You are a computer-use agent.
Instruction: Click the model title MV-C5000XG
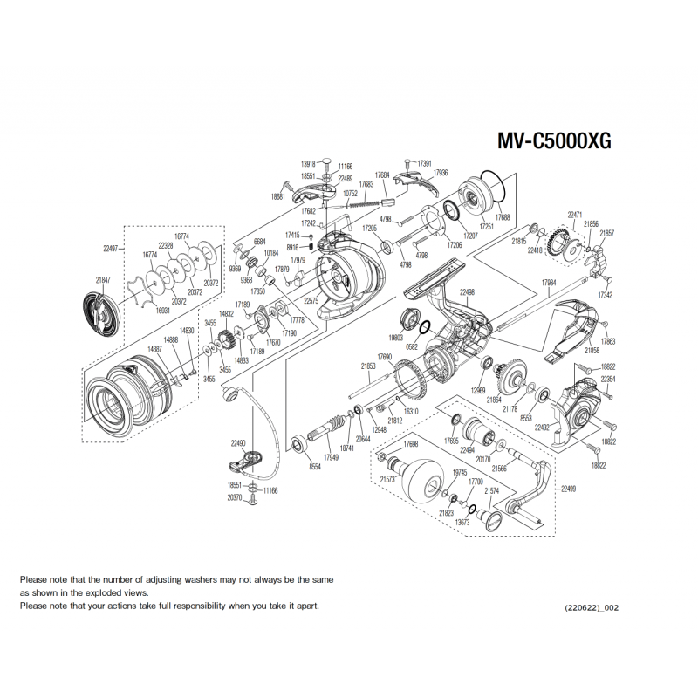pos(553,142)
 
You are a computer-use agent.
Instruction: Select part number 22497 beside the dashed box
pos(110,249)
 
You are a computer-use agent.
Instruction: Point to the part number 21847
pos(103,279)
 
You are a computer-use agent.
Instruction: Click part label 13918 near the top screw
pos(307,164)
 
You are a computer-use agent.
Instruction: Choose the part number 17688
pos(503,217)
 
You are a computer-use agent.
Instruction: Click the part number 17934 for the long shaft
pos(549,283)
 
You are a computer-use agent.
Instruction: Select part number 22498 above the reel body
pos(467,292)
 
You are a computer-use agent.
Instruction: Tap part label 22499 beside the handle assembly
pos(568,489)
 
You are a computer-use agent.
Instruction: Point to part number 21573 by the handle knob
pos(388,479)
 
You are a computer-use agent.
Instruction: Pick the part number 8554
pos(315,468)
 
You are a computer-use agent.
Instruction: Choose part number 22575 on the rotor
pos(312,300)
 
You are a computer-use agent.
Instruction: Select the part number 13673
pos(462,522)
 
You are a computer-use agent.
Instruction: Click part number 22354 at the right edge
pos(608,380)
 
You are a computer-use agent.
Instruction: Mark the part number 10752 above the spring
pos(351,193)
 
